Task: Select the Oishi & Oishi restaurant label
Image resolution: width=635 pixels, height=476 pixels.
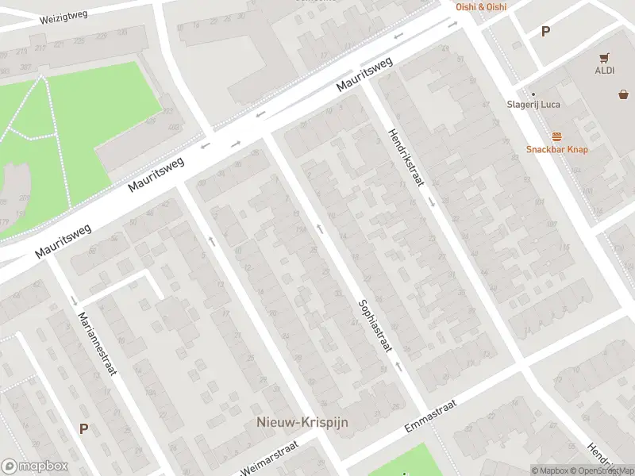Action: pyautogui.click(x=480, y=6)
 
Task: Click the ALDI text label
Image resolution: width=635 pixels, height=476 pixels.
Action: pyautogui.click(x=605, y=71)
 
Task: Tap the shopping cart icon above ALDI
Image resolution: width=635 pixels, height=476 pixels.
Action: pyautogui.click(x=605, y=58)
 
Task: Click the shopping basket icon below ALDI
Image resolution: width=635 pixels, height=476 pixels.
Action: pyautogui.click(x=624, y=94)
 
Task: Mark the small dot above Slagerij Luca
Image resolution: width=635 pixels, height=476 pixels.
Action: pyautogui.click(x=533, y=94)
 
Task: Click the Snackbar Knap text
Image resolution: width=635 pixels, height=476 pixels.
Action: pyautogui.click(x=556, y=149)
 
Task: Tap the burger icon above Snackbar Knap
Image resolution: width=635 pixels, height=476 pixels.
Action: pyautogui.click(x=556, y=136)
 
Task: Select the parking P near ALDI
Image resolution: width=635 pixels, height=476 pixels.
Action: pyautogui.click(x=545, y=32)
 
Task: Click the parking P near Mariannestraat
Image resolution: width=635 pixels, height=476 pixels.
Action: pyautogui.click(x=83, y=428)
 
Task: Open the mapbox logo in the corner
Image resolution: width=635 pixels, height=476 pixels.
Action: pyautogui.click(x=35, y=466)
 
